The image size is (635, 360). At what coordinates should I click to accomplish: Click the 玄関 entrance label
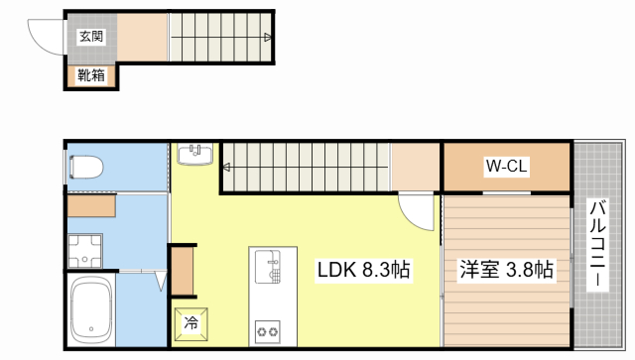coord(92,37)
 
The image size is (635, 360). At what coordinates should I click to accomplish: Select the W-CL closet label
coord(505,167)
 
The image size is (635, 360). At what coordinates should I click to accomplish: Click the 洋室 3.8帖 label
coord(505,269)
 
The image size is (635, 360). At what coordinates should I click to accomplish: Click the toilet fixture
coord(87,166)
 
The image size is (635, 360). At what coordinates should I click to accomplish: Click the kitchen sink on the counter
coord(268,266)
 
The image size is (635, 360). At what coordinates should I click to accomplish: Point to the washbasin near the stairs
coord(194,155)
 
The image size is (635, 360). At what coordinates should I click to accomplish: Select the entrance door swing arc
coord(45,37)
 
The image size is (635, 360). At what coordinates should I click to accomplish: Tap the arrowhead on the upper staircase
coord(269,37)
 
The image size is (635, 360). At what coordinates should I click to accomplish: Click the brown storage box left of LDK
coord(183,270)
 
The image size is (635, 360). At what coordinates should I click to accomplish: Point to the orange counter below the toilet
coord(93,206)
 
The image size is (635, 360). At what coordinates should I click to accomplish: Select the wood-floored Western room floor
coord(506,298)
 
